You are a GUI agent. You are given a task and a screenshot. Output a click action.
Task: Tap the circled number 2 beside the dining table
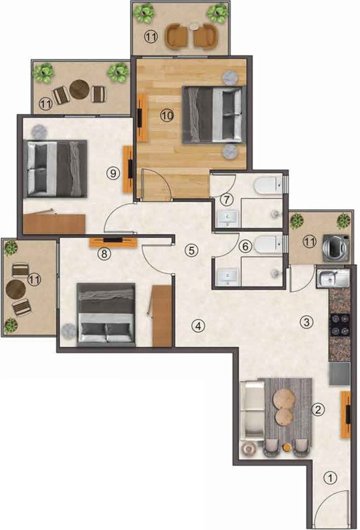tap(318, 410)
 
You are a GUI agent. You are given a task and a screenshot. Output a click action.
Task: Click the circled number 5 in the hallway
tap(192, 251)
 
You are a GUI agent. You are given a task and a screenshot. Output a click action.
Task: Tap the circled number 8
tap(103, 253)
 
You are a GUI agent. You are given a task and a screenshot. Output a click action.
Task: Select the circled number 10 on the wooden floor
tap(166, 116)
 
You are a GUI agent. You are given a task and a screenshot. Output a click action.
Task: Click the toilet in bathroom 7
tap(267, 185)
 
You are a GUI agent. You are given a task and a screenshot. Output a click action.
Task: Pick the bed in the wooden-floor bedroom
tap(214, 113)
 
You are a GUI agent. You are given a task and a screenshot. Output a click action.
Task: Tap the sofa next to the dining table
tap(253, 413)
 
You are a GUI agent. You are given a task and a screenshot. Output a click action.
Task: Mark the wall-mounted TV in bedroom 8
tap(114, 240)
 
